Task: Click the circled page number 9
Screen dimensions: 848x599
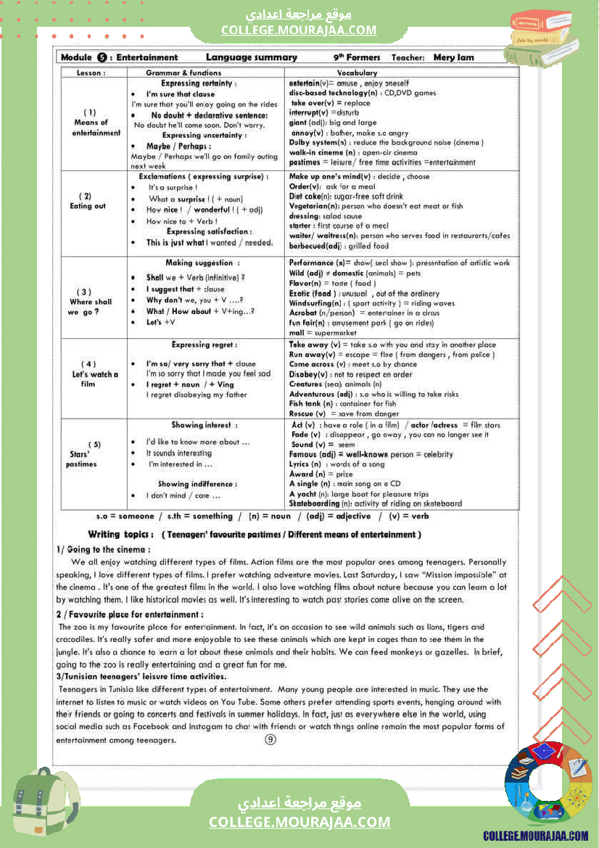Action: pos(270,739)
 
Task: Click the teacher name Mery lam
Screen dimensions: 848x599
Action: pos(453,57)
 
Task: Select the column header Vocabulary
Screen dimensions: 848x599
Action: pos(357,73)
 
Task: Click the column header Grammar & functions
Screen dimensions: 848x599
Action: pos(183,73)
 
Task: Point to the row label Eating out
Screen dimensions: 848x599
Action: pos(87,206)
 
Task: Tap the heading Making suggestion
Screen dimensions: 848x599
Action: pos(202,263)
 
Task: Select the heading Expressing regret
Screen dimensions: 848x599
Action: pos(204,345)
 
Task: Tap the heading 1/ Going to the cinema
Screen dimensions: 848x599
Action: pos(103,549)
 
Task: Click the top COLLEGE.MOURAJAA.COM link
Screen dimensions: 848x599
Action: pos(299,30)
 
